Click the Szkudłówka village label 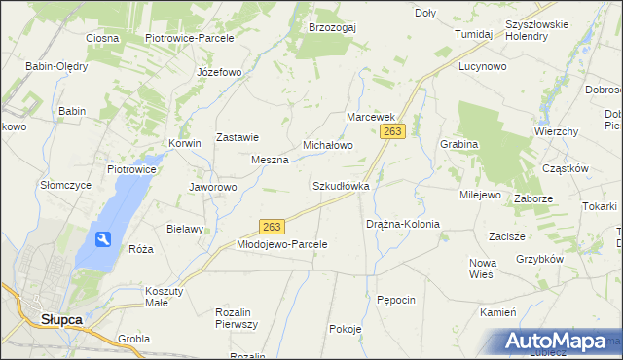point(340,185)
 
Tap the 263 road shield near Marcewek point(393,129)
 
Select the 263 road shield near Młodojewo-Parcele point(272,227)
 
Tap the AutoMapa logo point(557,341)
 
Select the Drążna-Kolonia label point(403,224)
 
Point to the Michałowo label point(327,144)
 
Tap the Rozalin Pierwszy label point(236,318)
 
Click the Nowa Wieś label point(483,269)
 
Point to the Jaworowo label point(213,187)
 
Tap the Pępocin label point(397,300)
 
